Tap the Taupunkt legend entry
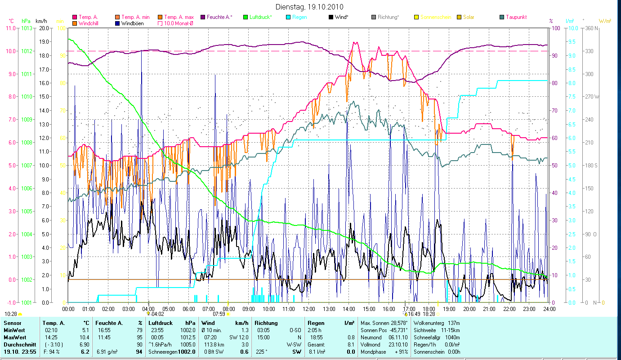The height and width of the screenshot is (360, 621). tap(516, 17)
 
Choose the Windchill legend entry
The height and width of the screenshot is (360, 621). tap(91, 23)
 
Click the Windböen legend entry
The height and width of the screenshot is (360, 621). tap(133, 23)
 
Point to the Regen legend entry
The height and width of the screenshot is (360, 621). tap(300, 17)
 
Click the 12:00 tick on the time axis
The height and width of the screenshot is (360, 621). tap(309, 309)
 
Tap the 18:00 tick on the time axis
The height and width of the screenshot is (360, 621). tap(429, 309)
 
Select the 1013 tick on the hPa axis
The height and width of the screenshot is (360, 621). tap(26, 28)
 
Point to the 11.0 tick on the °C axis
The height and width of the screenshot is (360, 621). tap(11, 28)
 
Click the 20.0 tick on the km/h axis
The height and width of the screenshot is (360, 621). tap(44, 28)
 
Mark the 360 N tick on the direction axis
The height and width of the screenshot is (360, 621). tap(592, 28)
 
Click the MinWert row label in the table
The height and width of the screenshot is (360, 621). tap(13, 330)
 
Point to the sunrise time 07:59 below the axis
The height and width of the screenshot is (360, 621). tap(219, 314)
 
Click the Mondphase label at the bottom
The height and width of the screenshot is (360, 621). tap(373, 352)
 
